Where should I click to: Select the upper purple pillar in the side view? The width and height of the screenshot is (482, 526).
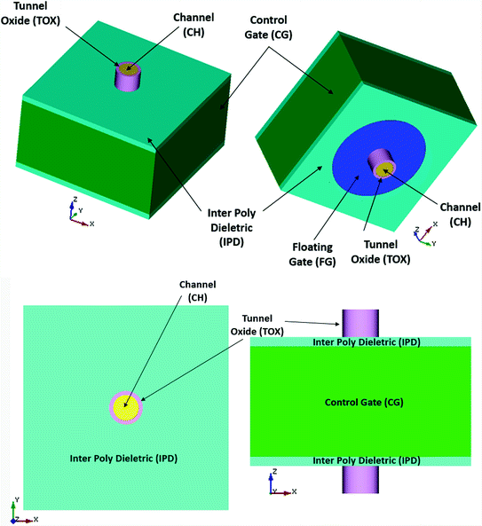(360, 322)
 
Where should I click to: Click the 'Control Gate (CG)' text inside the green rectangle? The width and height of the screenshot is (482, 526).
(360, 402)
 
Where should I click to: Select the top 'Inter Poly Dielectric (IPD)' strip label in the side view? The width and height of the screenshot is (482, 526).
(360, 341)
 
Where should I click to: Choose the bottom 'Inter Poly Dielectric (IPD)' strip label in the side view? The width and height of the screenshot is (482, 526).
(360, 460)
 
